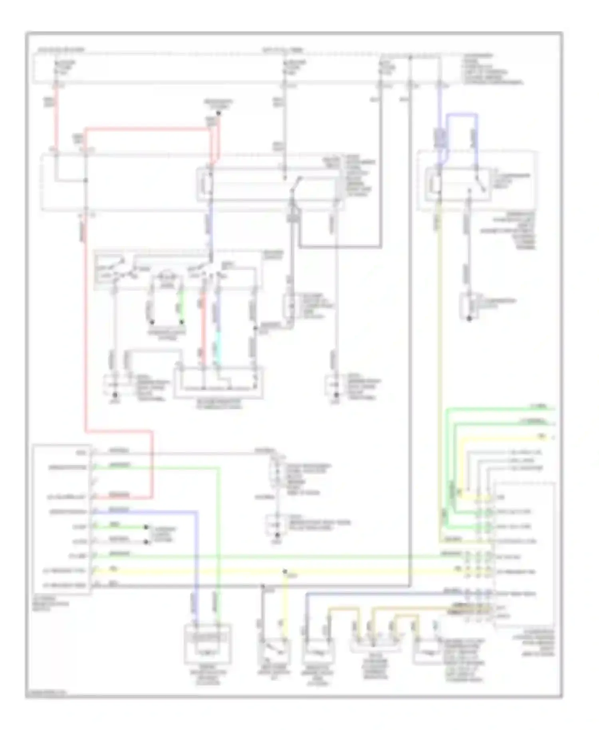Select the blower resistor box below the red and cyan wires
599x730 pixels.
click(x=218, y=383)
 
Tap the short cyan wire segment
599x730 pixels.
click(x=216, y=350)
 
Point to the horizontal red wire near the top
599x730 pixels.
click(x=148, y=129)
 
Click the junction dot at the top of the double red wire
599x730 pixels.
click(x=218, y=113)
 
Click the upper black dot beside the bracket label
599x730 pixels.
click(x=147, y=527)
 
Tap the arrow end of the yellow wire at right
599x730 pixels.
click(x=553, y=438)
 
